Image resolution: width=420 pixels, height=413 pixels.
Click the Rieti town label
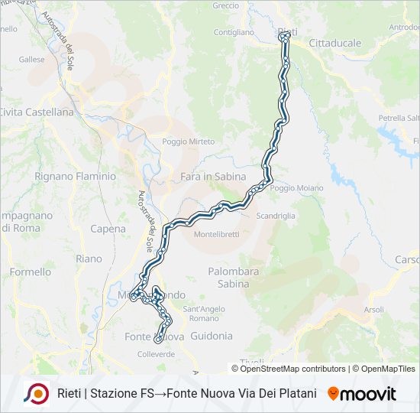coord(287,31)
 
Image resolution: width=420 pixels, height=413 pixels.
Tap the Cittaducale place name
coord(335,43)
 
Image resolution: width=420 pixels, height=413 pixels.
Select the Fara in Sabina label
coord(213,177)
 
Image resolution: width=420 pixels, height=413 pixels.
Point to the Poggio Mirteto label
coord(188,141)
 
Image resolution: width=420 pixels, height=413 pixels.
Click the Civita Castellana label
coord(37,112)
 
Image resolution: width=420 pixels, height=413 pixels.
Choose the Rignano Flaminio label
coord(75,176)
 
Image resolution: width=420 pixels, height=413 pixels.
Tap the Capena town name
coord(108,229)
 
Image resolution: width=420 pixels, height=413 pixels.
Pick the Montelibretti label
coord(216,233)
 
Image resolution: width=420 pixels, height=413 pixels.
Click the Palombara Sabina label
coord(234,277)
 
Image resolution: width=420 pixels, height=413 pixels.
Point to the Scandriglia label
coord(276,216)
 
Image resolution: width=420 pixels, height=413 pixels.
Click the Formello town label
coord(31,272)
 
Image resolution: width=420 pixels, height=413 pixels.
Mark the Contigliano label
coord(234,32)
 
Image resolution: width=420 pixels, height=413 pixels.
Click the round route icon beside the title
coord(36,394)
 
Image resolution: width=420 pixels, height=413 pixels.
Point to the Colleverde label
coord(156,354)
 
